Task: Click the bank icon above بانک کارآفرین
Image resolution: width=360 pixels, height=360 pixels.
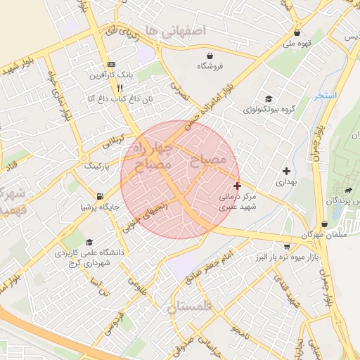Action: pos(111,64)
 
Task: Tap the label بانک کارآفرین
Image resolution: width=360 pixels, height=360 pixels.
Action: pos(111,75)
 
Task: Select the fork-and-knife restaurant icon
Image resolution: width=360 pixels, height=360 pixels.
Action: pos(120,89)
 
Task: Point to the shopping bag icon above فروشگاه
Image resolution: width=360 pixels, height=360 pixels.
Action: pos(210,56)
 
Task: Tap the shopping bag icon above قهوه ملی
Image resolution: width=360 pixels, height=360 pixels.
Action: pos(297,32)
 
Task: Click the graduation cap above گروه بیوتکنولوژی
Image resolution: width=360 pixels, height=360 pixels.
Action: pos(268,98)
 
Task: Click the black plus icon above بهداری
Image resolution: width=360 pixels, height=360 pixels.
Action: pos(286,171)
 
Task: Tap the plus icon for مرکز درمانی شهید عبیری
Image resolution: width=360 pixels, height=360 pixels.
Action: pos(238,186)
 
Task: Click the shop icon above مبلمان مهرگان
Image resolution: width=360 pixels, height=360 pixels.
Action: pos(308,223)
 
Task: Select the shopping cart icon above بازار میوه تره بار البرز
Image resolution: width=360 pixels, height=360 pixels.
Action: pos(288,247)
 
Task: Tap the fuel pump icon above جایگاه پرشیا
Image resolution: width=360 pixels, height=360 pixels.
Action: pos(101,196)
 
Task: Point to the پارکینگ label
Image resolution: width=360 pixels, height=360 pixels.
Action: pos(98,167)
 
